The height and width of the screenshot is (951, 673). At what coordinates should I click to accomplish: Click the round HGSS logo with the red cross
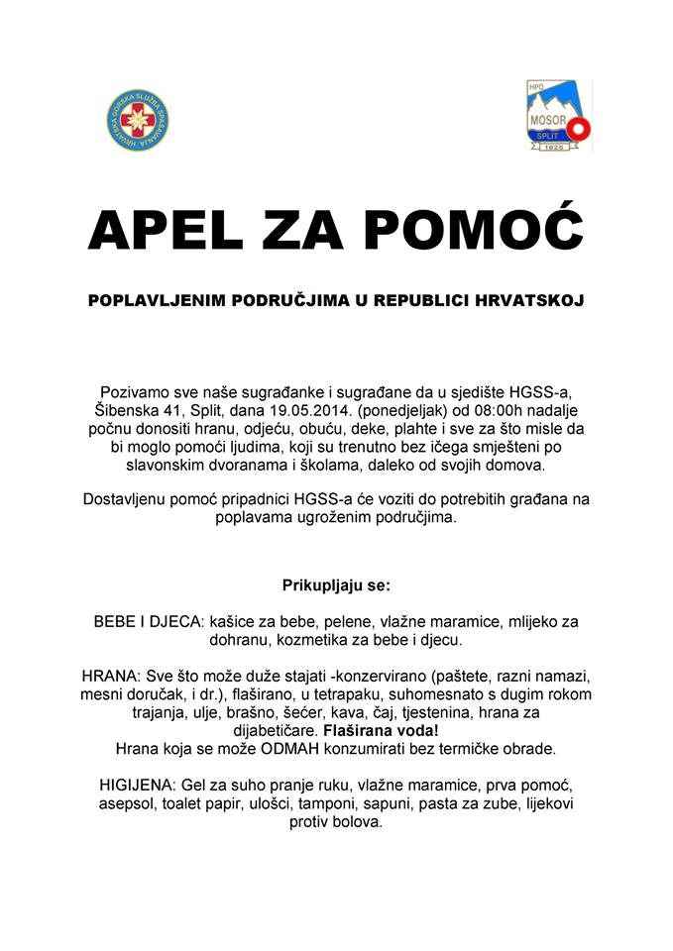click(x=135, y=123)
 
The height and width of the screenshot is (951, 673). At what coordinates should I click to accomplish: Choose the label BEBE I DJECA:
click(x=148, y=621)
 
